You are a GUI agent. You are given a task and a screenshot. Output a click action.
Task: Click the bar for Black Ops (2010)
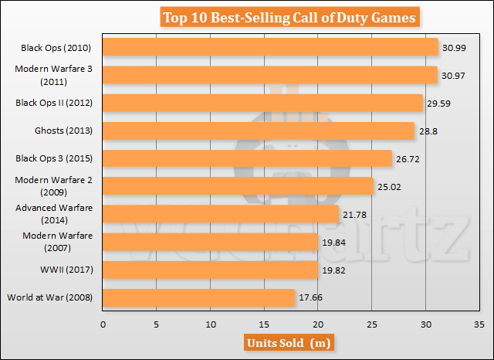[x=270, y=47]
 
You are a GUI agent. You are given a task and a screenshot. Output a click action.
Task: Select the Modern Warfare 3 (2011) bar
[x=270, y=75]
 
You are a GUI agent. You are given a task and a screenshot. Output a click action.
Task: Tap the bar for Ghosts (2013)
[x=259, y=131]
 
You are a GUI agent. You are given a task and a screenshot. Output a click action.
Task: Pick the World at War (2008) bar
[x=198, y=297]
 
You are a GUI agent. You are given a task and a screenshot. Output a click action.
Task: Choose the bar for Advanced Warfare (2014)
[x=221, y=214]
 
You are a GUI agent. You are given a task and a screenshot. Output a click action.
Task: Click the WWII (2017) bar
[x=210, y=270]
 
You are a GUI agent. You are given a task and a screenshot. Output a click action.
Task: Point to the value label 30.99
[x=454, y=48]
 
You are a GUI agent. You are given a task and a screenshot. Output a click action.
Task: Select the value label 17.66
[x=310, y=297]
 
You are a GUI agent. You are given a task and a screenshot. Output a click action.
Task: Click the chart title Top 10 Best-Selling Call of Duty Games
[x=289, y=16]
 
